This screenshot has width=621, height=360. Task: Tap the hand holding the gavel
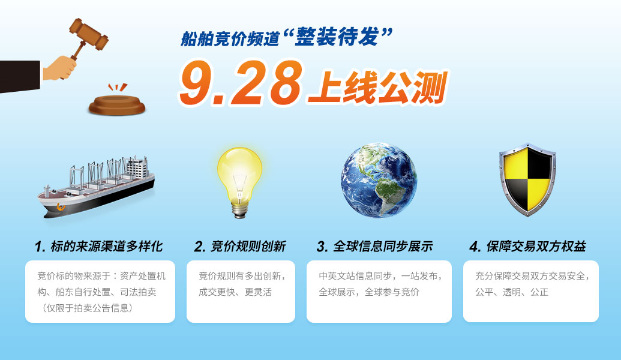(x=59, y=68)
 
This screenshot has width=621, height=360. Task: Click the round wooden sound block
(x=117, y=105)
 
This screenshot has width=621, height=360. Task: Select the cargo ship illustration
(x=96, y=187)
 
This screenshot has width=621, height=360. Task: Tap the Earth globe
(x=379, y=180)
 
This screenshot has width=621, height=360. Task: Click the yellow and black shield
(x=527, y=179)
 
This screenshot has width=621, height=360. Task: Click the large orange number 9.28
(x=241, y=83)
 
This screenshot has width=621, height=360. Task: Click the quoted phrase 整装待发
(x=337, y=37)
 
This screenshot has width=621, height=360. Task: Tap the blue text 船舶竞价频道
(x=230, y=39)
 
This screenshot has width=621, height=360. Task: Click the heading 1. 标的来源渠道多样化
(x=98, y=247)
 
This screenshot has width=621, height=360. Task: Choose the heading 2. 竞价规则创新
(x=240, y=247)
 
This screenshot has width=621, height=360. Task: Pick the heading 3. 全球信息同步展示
(x=374, y=247)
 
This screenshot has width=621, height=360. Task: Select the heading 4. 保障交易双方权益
(x=527, y=247)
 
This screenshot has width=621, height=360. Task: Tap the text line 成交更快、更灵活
(x=235, y=292)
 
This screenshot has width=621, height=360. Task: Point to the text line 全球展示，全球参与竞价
(x=369, y=292)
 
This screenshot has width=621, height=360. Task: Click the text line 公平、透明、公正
(x=512, y=292)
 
